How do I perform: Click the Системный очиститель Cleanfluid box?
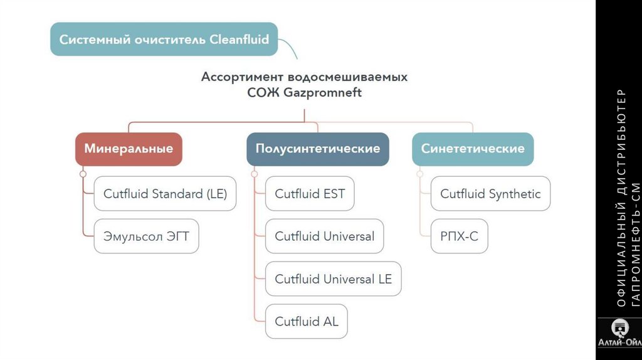[164, 40]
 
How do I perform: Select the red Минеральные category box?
[129, 149]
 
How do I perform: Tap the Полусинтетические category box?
[317, 149]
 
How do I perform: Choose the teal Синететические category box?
[473, 149]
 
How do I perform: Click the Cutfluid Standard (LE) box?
[165, 194]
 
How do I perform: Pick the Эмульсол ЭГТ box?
[146, 237]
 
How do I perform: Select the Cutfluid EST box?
[310, 194]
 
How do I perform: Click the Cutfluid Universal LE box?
[333, 279]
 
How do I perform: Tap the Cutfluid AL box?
[307, 322]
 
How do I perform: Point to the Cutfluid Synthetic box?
[490, 194]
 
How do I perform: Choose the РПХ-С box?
[459, 237]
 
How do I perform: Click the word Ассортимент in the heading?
[242, 77]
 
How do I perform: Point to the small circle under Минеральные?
[83, 173]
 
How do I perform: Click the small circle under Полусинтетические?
[254, 173]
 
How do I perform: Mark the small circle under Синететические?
[419, 173]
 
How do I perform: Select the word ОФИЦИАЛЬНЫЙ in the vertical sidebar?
[621, 257]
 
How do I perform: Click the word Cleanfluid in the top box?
[239, 40]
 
